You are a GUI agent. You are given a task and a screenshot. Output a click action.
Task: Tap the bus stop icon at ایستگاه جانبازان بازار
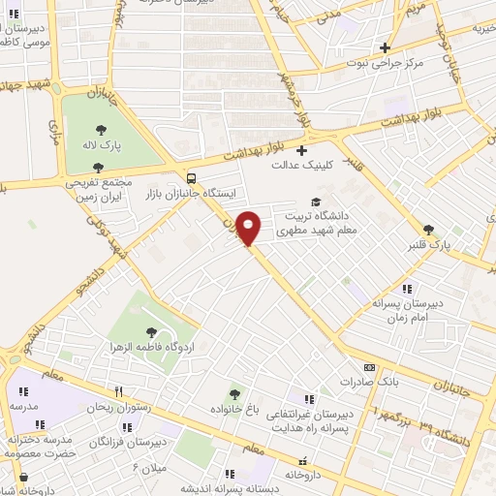(192, 177)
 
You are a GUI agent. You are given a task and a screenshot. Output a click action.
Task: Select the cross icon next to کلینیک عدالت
(301, 150)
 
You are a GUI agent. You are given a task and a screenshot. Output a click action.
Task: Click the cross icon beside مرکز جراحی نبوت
(385, 47)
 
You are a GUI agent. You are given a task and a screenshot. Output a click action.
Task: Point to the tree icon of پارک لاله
(101, 130)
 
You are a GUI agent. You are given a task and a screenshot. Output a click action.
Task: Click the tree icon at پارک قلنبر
(429, 230)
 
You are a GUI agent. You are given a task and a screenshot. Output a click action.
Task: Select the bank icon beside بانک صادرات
(369, 367)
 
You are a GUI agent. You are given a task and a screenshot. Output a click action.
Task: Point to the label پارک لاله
(101, 145)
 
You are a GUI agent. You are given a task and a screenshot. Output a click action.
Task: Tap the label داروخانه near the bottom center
(295, 477)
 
